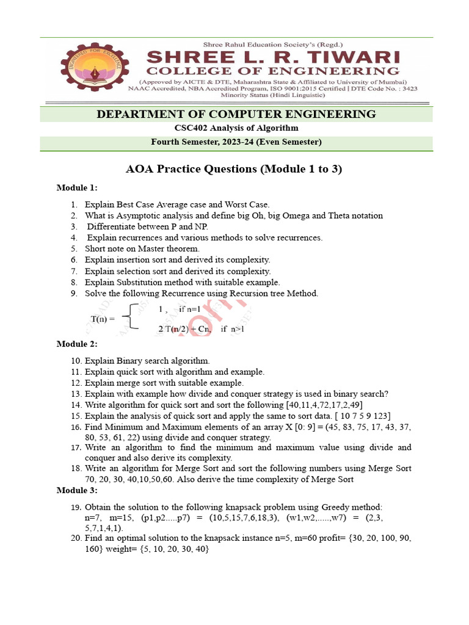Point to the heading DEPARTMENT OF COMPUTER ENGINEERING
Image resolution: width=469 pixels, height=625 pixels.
coord(236,114)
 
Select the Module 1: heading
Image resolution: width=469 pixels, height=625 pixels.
coord(77,187)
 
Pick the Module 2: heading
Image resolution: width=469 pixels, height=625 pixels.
coord(77,344)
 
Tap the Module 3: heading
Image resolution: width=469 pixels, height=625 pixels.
coord(77,490)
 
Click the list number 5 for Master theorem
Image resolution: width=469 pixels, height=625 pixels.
coord(73,249)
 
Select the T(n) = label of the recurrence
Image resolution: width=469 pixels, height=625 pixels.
coord(103,319)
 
